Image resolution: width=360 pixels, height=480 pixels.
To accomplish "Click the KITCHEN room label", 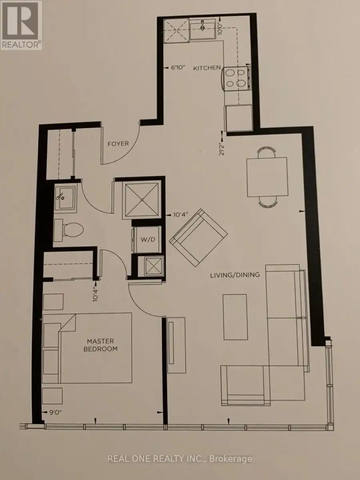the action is click(207, 68).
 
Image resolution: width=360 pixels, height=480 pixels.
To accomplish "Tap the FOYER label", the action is click(118, 144).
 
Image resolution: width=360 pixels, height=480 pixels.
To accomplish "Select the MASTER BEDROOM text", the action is click(100, 345).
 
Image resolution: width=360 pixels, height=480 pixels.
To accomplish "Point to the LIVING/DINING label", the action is click(235, 275).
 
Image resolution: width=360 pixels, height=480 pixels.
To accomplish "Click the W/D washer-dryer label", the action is click(148, 240).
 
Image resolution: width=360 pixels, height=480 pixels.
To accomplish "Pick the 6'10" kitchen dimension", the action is click(178, 68).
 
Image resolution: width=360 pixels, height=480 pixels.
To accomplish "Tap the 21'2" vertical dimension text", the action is click(222, 148).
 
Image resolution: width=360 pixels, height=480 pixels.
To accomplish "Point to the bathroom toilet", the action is click(68, 230).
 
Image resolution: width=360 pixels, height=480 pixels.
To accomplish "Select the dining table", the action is click(267, 177).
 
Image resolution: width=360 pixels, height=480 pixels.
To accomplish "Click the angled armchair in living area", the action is click(198, 238).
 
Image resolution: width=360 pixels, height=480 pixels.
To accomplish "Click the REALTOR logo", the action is click(21, 25).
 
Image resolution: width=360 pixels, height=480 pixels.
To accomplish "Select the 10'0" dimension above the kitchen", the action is click(221, 29).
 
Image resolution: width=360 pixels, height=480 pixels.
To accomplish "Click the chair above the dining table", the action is click(267, 151).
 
